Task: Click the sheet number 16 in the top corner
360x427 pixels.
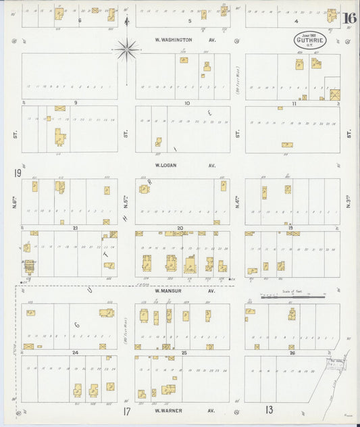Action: coord(349,19)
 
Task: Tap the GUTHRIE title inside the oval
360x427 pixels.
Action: coord(309,40)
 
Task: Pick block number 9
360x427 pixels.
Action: coord(76,103)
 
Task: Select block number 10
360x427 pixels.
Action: coord(187,103)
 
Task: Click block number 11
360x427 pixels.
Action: coord(294,103)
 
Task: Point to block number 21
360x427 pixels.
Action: coord(76,228)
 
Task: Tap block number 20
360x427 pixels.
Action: coord(180,228)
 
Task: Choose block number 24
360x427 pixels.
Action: coord(76,353)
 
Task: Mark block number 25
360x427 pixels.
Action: coord(183,353)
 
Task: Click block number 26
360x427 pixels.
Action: coord(292,353)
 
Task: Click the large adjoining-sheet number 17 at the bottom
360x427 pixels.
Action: coord(126,411)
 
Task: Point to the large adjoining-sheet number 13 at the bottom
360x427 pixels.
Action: coord(269,409)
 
